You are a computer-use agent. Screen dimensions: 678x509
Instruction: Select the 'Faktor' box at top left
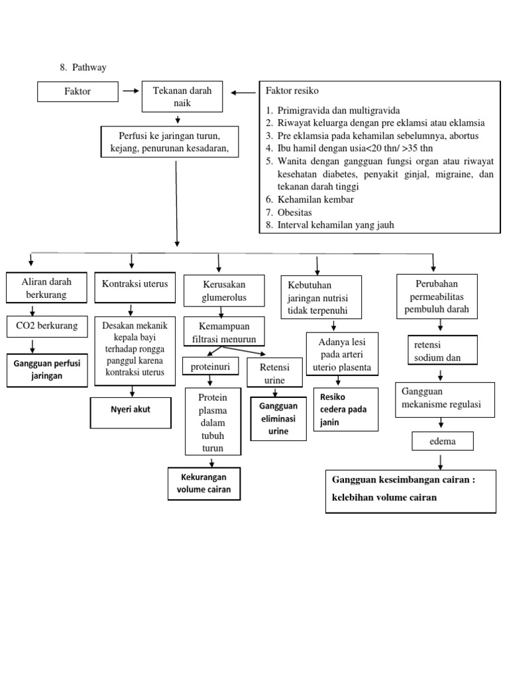tap(78, 92)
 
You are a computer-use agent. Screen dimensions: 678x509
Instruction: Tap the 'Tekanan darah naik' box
tap(182, 97)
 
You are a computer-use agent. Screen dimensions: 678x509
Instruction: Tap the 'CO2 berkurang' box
tap(46, 326)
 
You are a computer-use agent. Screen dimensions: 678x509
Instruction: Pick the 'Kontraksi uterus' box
tap(135, 284)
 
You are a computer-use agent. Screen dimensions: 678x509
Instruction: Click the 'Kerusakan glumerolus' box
tap(224, 291)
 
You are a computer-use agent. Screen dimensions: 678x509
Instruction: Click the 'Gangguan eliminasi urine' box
tap(278, 418)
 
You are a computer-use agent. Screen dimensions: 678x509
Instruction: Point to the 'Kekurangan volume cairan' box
tap(203, 484)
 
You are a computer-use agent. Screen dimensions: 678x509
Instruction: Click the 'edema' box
tap(443, 441)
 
